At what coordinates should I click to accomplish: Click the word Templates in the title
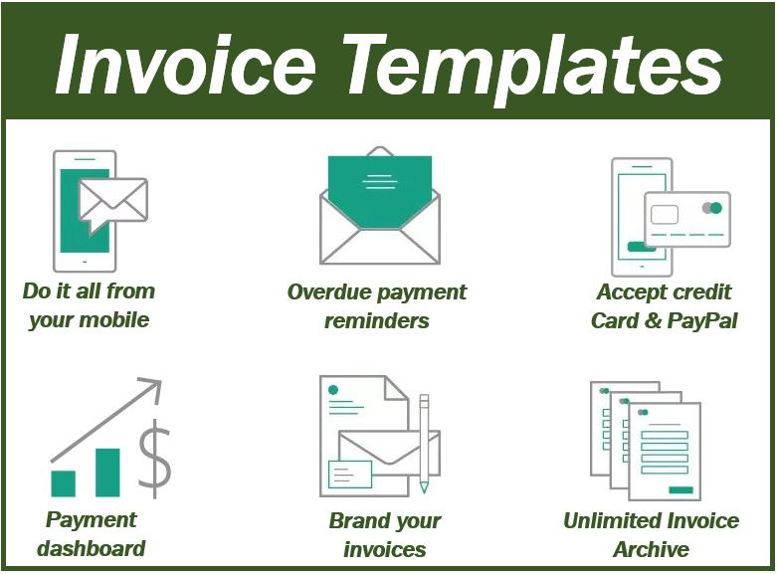click(x=532, y=70)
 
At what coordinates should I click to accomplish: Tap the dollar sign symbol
click(x=154, y=459)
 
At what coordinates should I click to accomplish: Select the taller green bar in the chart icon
click(x=107, y=473)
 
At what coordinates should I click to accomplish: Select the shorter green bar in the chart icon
click(x=64, y=483)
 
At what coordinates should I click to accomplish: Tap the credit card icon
click(x=687, y=219)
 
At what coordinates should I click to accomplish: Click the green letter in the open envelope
click(x=380, y=192)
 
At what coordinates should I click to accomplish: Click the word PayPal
click(x=702, y=320)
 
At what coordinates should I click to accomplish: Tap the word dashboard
click(x=92, y=548)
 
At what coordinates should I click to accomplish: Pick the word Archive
click(x=651, y=549)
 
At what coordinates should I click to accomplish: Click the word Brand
click(x=354, y=520)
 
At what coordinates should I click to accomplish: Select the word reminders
click(x=377, y=320)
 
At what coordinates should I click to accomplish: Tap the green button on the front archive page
click(x=680, y=490)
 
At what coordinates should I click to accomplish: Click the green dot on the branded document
click(x=333, y=390)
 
